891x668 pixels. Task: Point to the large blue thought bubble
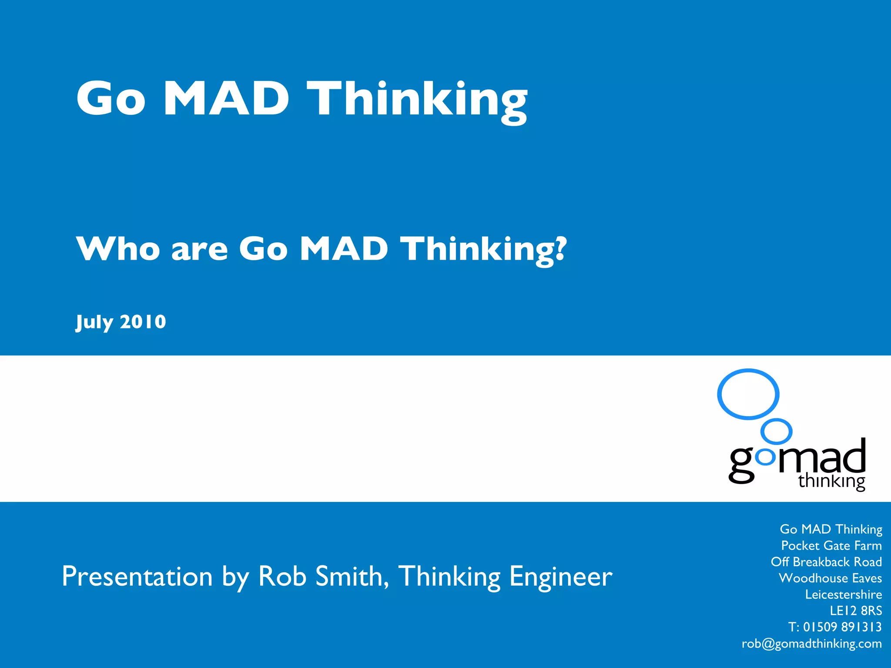[748, 394]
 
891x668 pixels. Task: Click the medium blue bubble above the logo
[777, 431]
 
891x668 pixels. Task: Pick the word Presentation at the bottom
[137, 576]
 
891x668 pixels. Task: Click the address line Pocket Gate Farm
[831, 545]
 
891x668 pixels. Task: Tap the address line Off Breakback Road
[826, 562]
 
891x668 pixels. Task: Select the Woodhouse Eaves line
[830, 578]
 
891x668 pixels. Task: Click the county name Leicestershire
[843, 595]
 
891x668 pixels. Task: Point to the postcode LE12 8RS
[855, 611]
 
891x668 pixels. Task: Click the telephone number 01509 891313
[842, 627]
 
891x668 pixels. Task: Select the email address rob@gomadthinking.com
[811, 644]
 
